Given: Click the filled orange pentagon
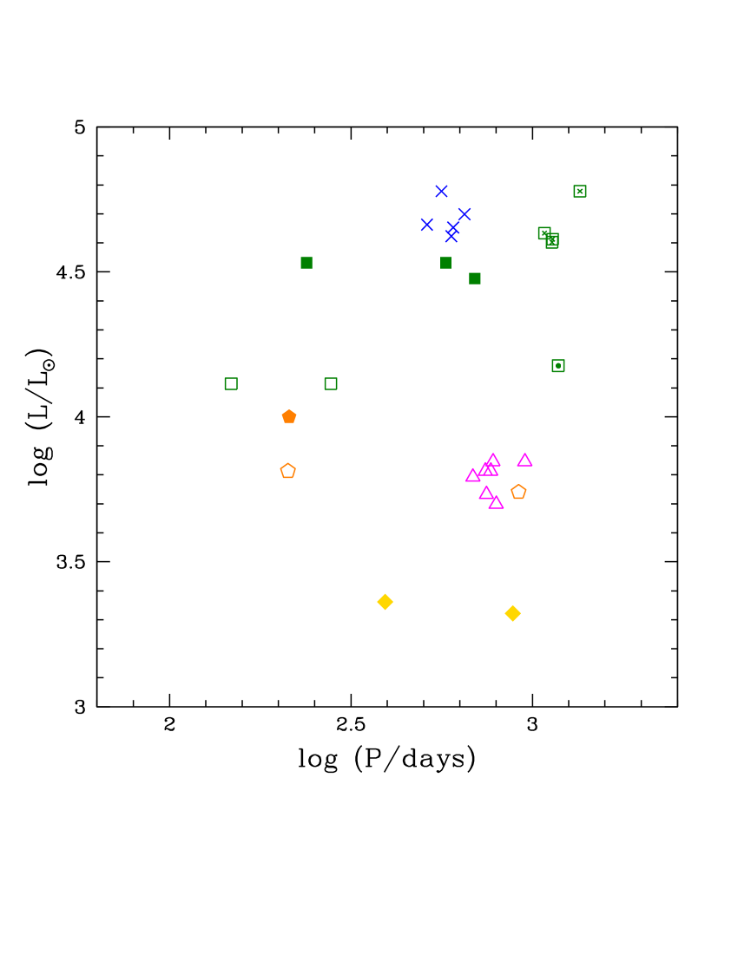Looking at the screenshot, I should point(289,416).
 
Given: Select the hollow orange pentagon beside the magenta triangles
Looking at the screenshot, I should point(518,492).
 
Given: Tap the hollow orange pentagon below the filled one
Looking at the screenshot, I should point(287,471).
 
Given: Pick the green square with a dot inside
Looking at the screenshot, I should point(558,366).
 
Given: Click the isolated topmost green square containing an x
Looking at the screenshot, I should point(580,191).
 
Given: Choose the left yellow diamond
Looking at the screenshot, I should point(385,602).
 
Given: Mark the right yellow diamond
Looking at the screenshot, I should point(513,614).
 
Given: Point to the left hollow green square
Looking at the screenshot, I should point(231,383).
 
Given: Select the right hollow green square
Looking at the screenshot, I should point(331,383).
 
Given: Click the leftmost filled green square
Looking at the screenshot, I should point(306,263).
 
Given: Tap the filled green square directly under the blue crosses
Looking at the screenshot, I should point(445,263).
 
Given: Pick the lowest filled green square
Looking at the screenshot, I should point(475,278).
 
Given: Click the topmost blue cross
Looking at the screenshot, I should point(441,191).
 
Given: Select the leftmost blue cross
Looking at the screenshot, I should point(426,224).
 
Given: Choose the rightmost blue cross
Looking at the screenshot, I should point(465,213).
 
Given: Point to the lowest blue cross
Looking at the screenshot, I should point(451,236).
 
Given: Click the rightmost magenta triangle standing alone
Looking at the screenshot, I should point(524,461).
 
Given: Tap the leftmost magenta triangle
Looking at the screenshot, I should point(472,475).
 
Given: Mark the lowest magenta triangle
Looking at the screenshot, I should point(496,502).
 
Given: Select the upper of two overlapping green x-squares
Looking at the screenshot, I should point(544,232).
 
